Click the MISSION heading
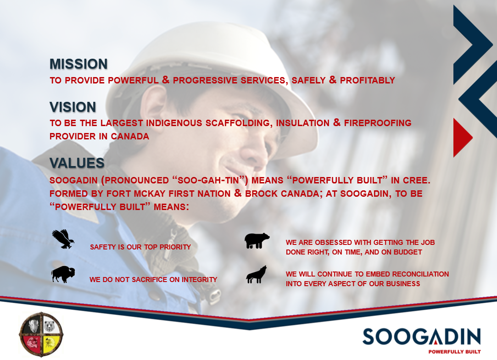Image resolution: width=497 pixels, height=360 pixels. pyautogui.click(x=78, y=64)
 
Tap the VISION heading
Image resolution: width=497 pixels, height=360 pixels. pyautogui.click(x=73, y=107)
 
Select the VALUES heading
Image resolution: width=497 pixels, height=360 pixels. pyautogui.click(x=77, y=163)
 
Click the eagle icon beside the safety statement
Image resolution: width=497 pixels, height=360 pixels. pyautogui.click(x=63, y=239)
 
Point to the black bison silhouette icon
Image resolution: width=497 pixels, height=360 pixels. pyautogui.click(x=63, y=274)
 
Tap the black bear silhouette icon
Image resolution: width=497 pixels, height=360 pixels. pyautogui.click(x=257, y=241)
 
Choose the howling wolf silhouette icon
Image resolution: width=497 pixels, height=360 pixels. pyautogui.click(x=257, y=275)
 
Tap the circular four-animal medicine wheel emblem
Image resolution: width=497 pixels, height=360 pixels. pyautogui.click(x=41, y=334)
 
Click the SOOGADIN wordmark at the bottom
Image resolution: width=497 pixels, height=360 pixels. pyautogui.click(x=422, y=337)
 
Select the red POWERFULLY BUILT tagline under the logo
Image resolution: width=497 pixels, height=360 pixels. pyautogui.click(x=454, y=352)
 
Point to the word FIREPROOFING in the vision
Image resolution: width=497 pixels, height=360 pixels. pyautogui.click(x=378, y=123)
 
